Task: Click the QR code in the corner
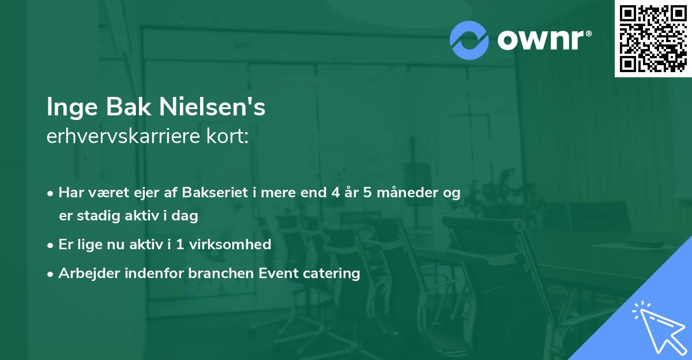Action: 653,38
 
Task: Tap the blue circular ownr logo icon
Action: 469,40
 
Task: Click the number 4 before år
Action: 335,193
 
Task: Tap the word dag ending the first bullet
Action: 187,216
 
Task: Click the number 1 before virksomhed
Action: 180,245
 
